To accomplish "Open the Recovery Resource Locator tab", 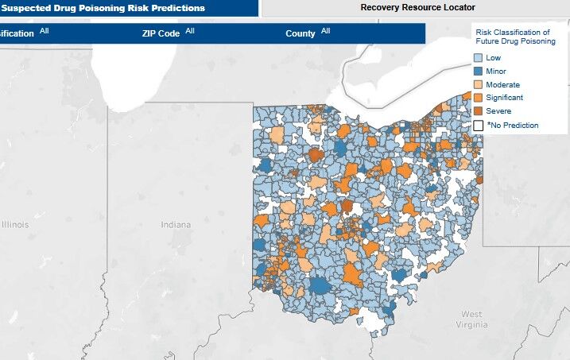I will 417,8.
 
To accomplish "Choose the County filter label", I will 301,34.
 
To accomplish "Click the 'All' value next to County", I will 326,31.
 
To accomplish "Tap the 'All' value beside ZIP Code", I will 190,31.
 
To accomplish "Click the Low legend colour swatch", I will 478,58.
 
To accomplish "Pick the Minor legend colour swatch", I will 478,72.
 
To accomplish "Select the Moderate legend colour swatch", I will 478,84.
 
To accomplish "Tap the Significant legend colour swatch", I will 478,98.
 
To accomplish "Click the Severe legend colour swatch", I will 478,111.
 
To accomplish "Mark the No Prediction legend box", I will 478,125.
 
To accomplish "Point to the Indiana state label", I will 176,225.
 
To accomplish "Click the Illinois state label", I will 14,225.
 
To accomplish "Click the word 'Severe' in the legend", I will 499,111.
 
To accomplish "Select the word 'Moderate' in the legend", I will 503,84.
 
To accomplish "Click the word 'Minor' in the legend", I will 497,72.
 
